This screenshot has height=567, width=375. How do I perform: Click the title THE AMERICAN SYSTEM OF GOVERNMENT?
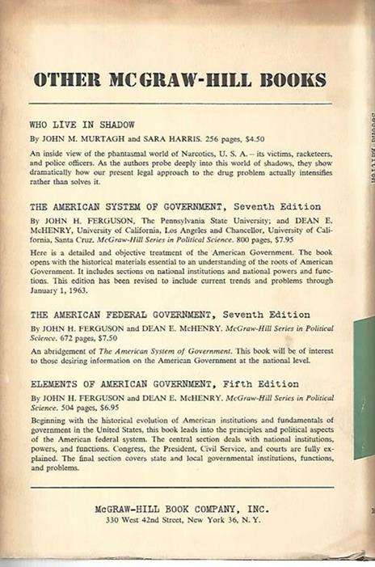point(123,206)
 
